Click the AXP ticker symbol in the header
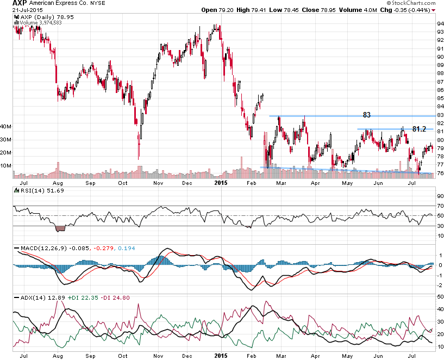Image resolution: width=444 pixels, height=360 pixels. pos(21,3)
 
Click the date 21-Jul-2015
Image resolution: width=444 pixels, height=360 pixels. pos(27,10)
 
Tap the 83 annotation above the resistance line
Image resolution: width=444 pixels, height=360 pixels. pos(367,115)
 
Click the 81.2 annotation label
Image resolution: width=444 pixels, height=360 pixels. pos(419,129)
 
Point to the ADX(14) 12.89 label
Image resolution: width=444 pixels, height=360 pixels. pos(35,299)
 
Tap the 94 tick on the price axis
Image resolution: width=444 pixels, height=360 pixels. pos(440,24)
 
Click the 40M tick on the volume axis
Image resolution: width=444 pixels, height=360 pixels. pos(6,126)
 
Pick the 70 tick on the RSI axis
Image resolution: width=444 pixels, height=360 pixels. pos(440,206)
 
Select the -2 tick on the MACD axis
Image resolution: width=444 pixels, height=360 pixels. pos(440,285)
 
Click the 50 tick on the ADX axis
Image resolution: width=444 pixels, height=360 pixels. pos(440,297)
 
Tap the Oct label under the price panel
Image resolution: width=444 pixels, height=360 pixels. pos(123,183)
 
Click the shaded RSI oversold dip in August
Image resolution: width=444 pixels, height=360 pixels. pos(60,228)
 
